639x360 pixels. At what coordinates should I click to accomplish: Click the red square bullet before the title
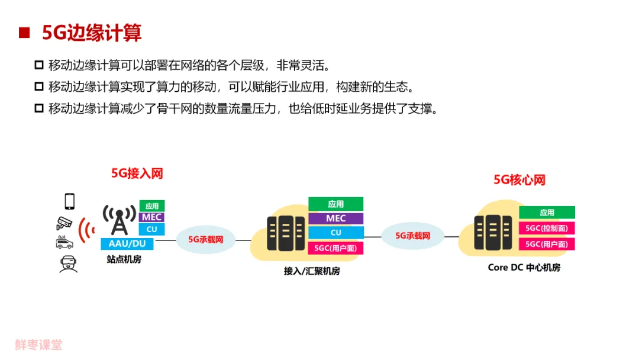point(24,33)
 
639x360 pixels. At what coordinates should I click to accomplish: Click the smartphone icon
point(70,201)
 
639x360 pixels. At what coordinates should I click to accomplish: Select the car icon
point(64,243)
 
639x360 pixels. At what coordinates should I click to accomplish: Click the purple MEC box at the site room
point(152,217)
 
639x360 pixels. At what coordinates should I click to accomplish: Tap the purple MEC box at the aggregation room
point(335,218)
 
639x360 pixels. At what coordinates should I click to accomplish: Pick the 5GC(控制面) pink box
point(547,228)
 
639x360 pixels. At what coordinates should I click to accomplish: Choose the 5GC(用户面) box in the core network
point(547,244)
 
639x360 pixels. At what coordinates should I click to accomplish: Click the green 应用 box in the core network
point(547,213)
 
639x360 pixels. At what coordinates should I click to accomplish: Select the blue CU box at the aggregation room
point(335,233)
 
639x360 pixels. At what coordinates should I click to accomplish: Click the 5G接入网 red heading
point(137,173)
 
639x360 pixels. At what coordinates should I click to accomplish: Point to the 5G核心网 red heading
point(519,180)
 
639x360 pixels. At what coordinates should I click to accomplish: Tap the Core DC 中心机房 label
point(524,268)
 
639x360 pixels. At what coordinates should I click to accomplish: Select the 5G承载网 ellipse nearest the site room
point(205,240)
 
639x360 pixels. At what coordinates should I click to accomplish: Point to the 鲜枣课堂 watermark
point(38,345)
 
